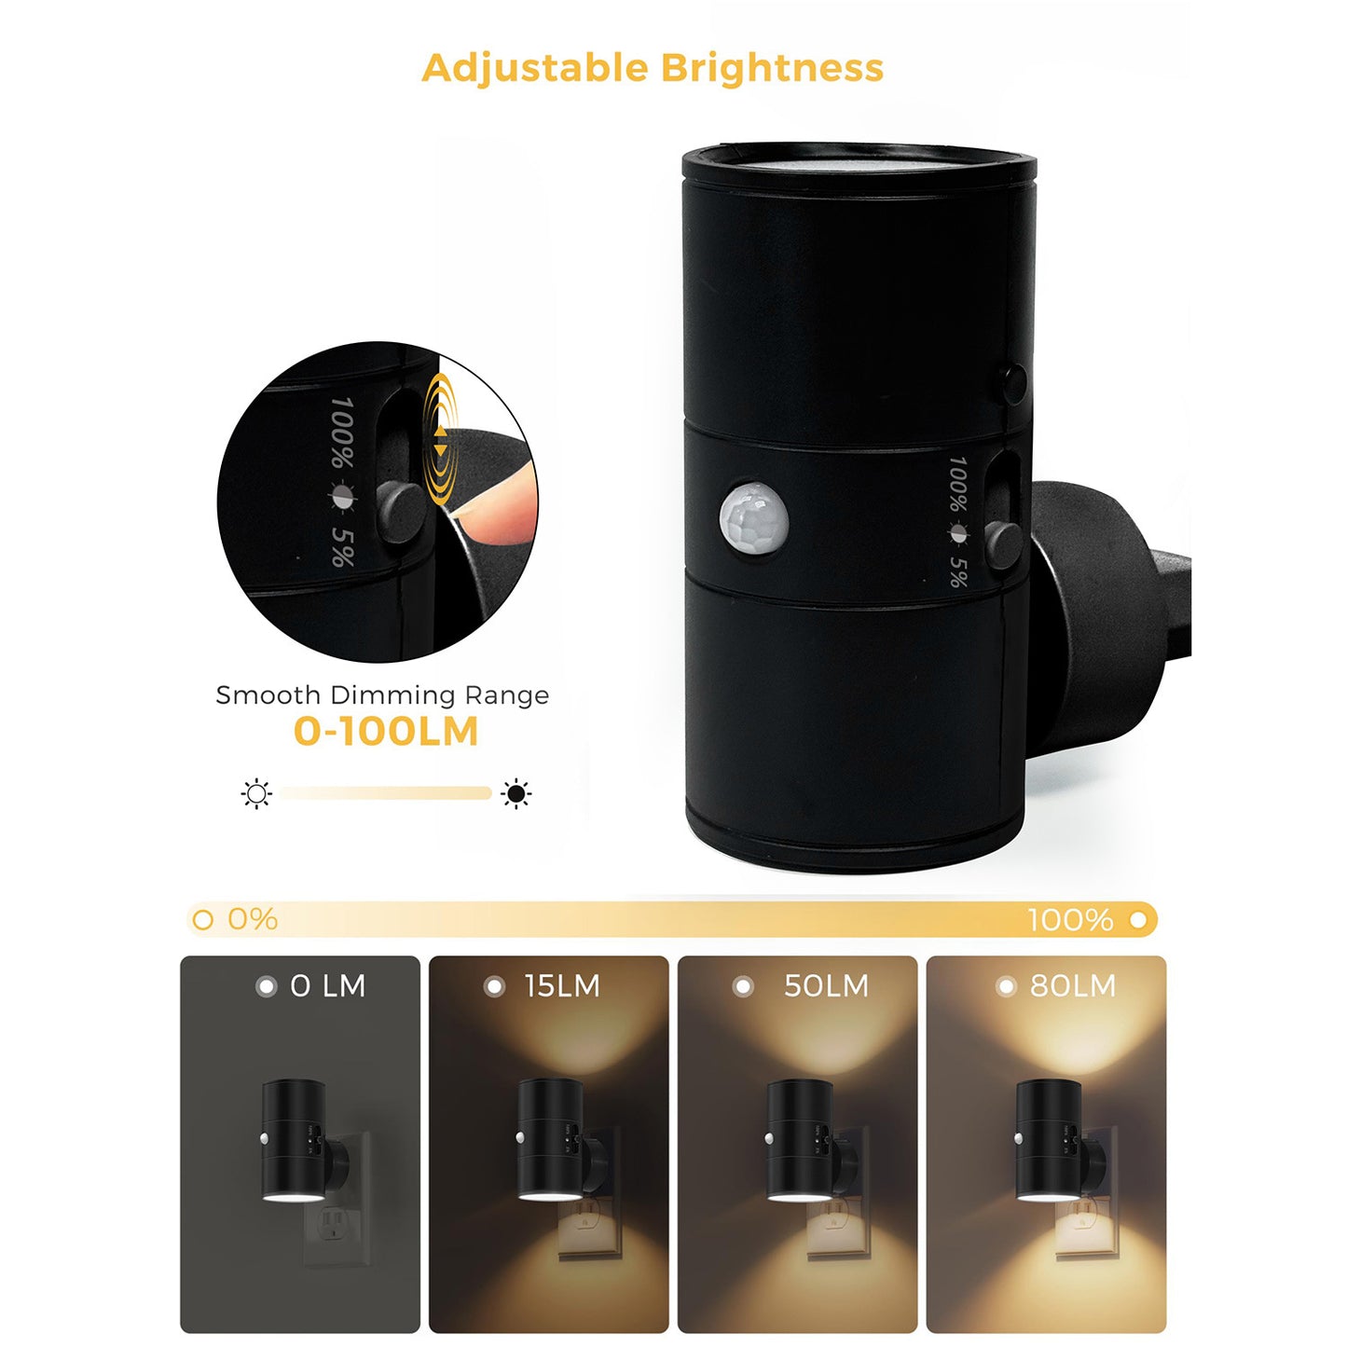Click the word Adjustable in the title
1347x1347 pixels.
[534, 68]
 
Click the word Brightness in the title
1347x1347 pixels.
[772, 68]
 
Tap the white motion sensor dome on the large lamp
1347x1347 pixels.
[753, 515]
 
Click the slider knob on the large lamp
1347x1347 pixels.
[1003, 543]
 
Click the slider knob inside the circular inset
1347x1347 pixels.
[401, 511]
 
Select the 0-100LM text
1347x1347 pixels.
[385, 732]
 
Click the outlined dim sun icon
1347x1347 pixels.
[256, 794]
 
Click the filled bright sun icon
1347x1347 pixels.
[515, 794]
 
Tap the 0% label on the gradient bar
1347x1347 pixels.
[253, 919]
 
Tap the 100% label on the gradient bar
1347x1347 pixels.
[1069, 920]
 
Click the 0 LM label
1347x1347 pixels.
[327, 986]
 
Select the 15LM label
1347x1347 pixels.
[561, 986]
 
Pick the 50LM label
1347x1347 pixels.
[826, 986]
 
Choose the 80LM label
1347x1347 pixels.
[1072, 986]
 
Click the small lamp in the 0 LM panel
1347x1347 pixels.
[294, 1139]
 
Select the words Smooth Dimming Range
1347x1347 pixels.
[382, 695]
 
